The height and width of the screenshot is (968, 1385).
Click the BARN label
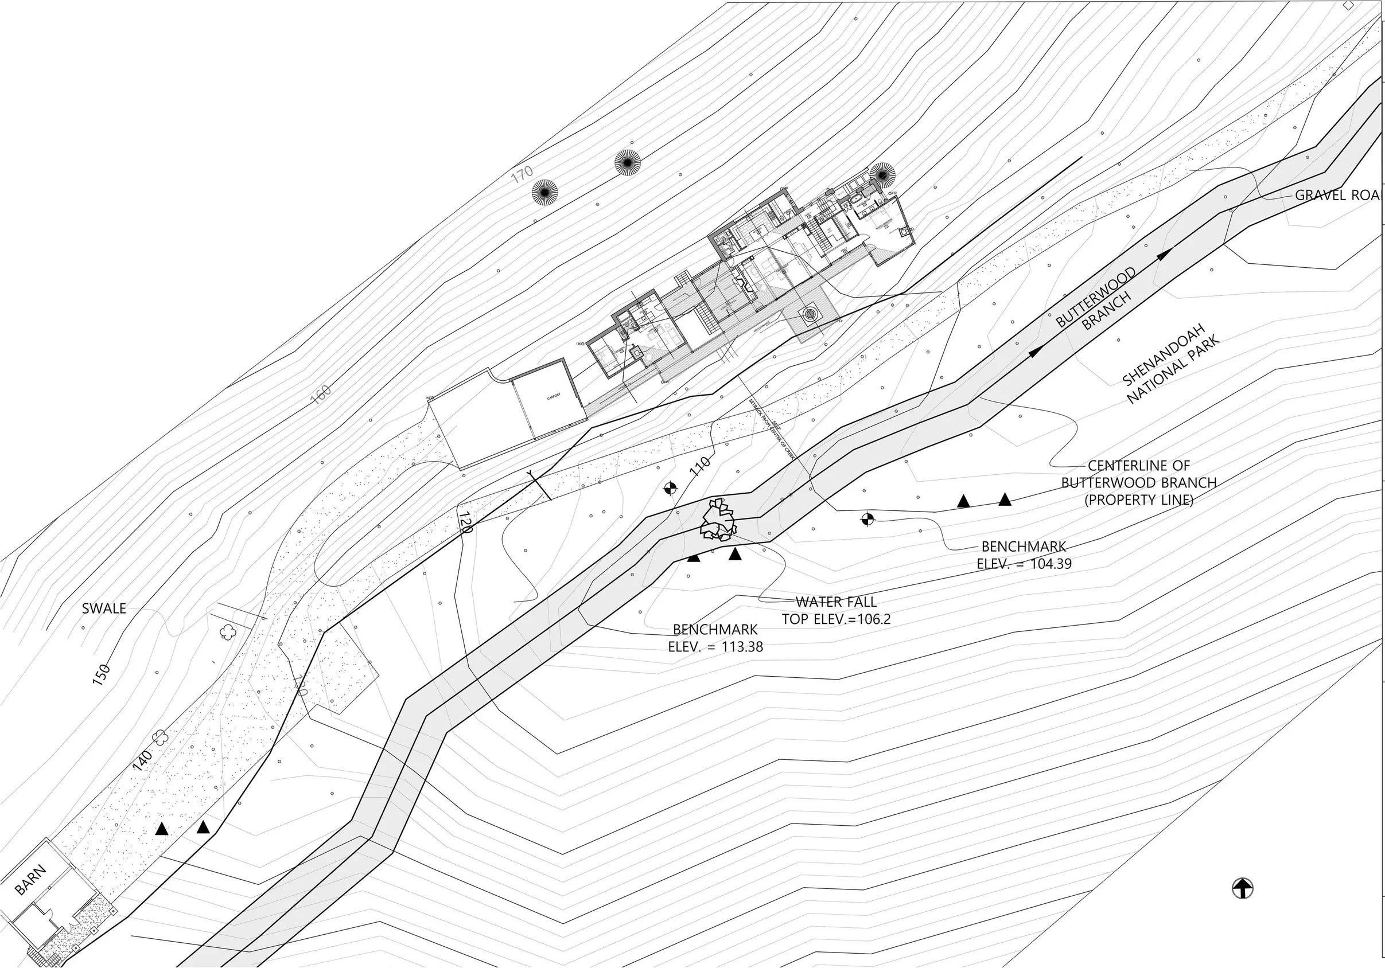30,880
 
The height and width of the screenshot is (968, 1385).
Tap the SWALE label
104,608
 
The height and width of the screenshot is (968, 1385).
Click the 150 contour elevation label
102,674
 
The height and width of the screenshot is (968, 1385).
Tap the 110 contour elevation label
699,467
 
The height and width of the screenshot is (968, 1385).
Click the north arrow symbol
1242,888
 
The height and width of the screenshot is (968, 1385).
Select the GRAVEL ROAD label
1339,196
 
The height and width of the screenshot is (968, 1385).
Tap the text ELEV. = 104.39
1024,564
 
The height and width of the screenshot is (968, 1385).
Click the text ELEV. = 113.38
715,646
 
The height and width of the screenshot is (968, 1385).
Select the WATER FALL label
836,602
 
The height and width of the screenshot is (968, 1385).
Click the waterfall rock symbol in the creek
718,520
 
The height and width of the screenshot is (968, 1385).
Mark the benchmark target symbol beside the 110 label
670,488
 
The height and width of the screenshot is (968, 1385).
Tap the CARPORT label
553,396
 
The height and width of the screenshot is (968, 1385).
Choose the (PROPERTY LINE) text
1139,500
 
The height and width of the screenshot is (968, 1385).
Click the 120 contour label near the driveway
464,522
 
